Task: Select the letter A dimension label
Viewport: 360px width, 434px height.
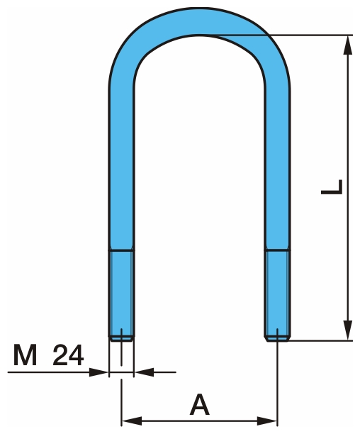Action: click(x=200, y=406)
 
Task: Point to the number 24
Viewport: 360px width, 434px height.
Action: click(x=69, y=355)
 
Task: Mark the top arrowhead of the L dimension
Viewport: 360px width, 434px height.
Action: click(x=347, y=43)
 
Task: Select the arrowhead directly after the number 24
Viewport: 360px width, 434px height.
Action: click(x=100, y=370)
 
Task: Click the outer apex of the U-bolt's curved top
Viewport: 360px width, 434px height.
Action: click(x=199, y=8)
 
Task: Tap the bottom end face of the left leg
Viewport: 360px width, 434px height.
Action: click(x=121, y=338)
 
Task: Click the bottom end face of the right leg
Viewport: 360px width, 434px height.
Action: click(x=277, y=338)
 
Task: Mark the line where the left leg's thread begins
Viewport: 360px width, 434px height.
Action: click(x=121, y=249)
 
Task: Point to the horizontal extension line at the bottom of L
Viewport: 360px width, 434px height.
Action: click(x=319, y=340)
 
